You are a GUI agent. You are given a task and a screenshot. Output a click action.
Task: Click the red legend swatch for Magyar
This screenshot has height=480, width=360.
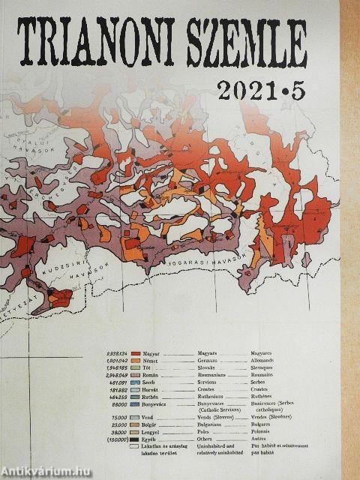(x=136, y=352)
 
